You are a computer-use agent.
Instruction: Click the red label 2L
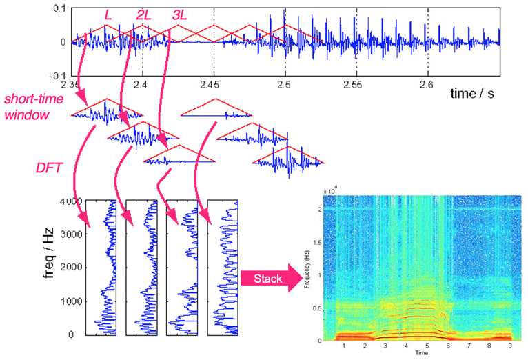click(143, 14)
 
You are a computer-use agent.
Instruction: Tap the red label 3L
click(181, 14)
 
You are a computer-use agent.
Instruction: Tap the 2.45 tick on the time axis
click(214, 84)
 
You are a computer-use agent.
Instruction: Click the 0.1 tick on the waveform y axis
click(59, 8)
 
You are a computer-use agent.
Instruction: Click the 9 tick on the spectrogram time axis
click(511, 347)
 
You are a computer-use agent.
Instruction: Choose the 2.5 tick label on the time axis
click(285, 84)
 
